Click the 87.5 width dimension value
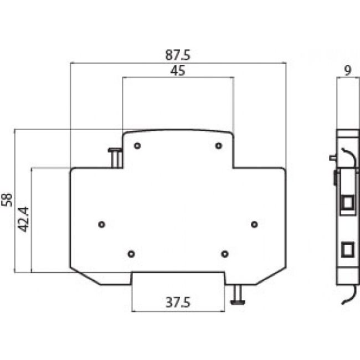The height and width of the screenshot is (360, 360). point(177,56)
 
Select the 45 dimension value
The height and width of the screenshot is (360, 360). point(177,71)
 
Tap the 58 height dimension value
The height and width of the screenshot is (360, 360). point(7,200)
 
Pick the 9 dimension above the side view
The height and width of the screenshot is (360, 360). point(347,70)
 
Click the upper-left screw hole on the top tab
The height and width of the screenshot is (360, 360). point(137,146)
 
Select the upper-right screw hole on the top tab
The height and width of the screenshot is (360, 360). point(219,146)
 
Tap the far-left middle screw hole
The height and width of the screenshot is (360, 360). point(101,224)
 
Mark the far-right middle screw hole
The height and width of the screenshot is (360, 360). point(254,224)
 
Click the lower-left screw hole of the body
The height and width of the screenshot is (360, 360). point(131,254)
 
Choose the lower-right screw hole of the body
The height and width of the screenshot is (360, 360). point(224,254)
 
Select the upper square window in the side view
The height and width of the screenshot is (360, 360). point(347,203)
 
